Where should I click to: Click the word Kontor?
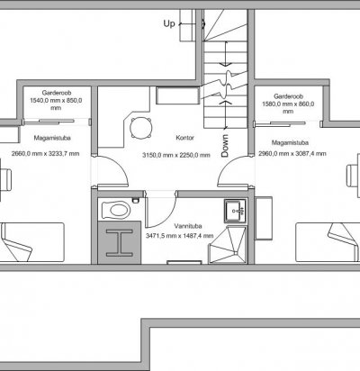coord(184,138)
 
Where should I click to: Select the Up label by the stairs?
coord(169,23)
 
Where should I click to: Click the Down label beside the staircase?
coord(225,146)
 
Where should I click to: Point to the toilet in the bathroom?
coord(116,210)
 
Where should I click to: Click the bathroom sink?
coord(236,211)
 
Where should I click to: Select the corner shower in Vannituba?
coord(228,245)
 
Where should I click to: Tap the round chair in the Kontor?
coord(140,128)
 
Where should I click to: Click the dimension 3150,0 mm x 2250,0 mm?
coord(176,155)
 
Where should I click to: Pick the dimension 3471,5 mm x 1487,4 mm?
coord(180,236)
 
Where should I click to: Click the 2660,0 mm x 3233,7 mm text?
coord(46,154)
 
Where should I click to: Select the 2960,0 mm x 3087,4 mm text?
coord(292,154)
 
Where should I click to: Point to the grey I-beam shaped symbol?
coord(120,243)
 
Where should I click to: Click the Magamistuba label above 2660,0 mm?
coord(52,138)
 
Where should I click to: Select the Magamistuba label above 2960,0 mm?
coord(290,142)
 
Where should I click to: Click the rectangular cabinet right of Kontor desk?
coord(177,95)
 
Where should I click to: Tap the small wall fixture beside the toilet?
coord(136,200)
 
